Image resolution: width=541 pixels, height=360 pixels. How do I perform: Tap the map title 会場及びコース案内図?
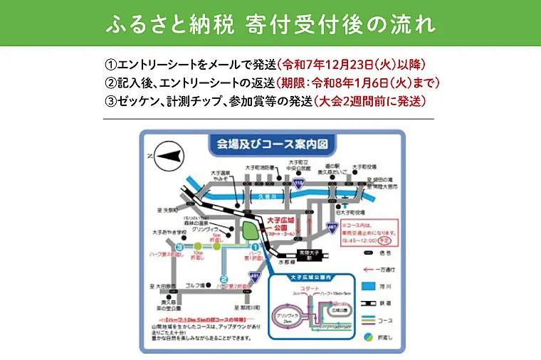click(x=270, y=143)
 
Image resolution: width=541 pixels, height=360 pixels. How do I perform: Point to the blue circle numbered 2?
click(x=224, y=279)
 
